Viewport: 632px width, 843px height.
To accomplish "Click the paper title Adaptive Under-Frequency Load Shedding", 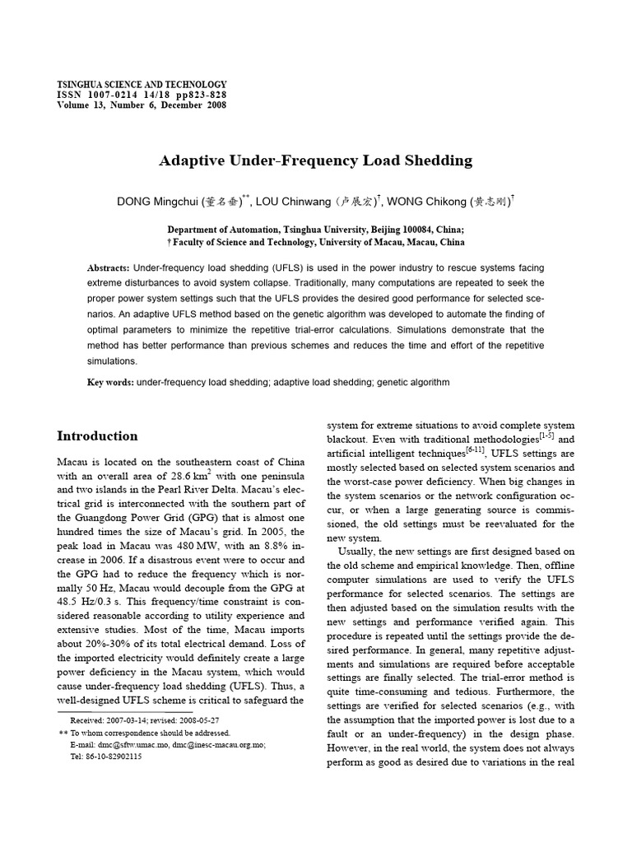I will (315, 161).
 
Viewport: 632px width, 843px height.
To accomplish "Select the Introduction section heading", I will (97, 435).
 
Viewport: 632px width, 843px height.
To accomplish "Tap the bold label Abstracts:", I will (108, 268).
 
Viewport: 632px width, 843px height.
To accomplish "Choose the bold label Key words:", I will (110, 382).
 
